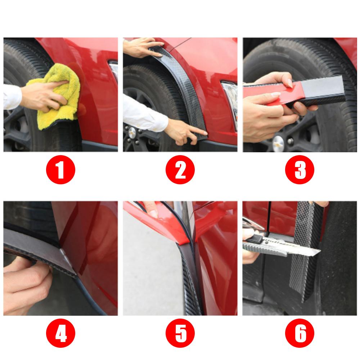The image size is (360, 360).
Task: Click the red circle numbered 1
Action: tap(60, 170)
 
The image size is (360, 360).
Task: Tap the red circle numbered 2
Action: tap(180, 170)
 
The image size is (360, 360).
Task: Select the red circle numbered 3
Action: tap(300, 170)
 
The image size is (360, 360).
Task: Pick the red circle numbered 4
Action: tap(60, 333)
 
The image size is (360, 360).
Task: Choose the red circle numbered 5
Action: tap(180, 333)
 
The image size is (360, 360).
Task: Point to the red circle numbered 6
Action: tap(300, 333)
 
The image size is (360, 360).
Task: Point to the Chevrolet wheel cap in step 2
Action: tap(132, 132)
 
